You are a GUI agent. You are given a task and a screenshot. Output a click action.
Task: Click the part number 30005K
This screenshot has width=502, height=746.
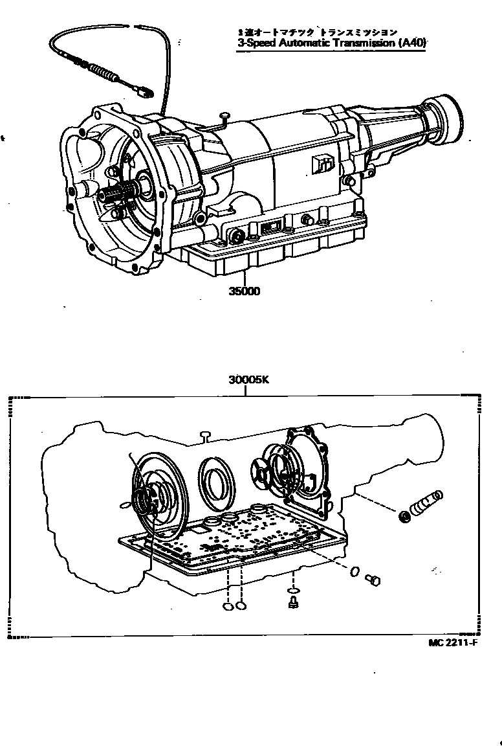tap(248, 381)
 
